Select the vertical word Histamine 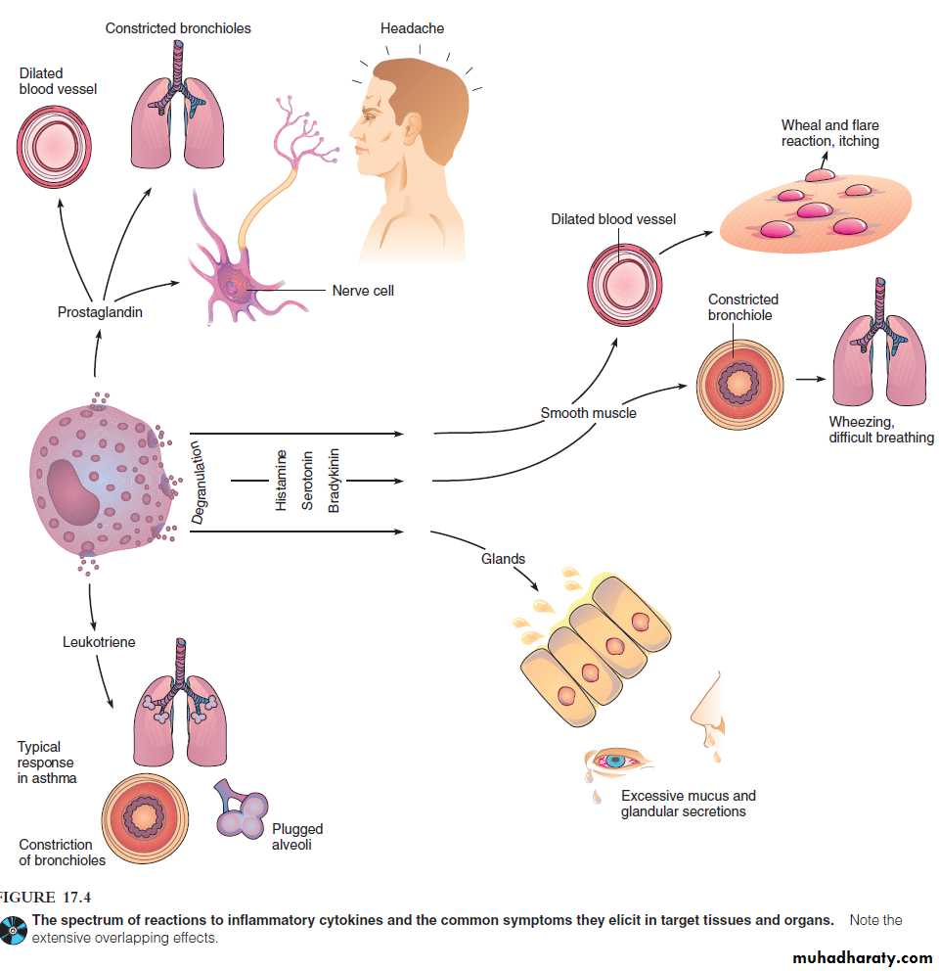point(281,481)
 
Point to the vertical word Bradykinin point(334,481)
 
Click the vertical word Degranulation point(197,481)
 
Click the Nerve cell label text point(363,291)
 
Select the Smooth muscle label point(588,413)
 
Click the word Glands point(503,559)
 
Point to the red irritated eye point(615,760)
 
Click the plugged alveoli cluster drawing point(241,809)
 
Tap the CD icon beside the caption point(15,930)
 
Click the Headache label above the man point(412,28)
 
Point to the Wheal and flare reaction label point(829,133)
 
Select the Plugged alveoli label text point(297,836)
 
